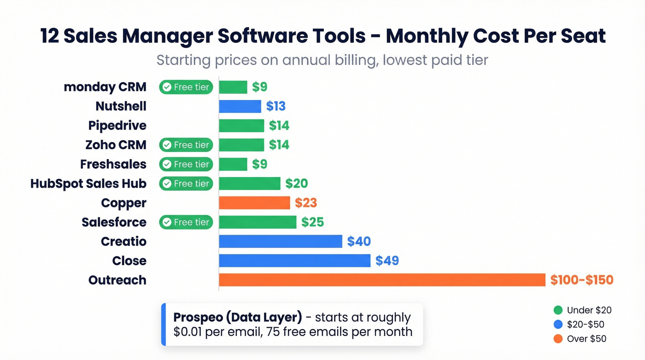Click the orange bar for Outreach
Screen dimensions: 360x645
coord(382,280)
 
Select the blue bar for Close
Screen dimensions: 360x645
coord(294,260)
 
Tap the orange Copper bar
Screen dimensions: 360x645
coord(254,203)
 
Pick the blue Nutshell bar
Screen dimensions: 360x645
coord(240,106)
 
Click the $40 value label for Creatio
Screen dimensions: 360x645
coord(358,241)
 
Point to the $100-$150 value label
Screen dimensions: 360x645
coord(581,280)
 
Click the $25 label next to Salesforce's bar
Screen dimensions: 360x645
coord(312,222)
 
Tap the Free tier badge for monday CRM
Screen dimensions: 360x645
coord(186,87)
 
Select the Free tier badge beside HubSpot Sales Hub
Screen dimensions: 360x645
coord(186,183)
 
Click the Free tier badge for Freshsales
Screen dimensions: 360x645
coord(186,164)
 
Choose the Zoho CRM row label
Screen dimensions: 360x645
coord(116,145)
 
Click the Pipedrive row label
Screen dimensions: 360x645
coord(117,125)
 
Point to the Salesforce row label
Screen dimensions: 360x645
coord(114,222)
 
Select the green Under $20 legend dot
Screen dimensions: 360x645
coord(558,310)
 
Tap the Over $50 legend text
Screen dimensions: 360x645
coord(586,339)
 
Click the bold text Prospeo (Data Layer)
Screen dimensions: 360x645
coord(238,318)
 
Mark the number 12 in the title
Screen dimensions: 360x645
coord(49,36)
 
